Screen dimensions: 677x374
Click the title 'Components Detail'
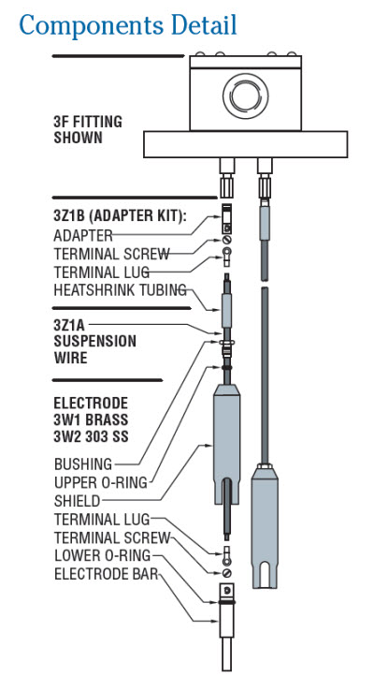tap(127, 24)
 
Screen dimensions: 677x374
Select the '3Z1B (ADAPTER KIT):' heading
tap(119, 216)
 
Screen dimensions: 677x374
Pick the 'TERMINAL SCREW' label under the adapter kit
tap(110, 254)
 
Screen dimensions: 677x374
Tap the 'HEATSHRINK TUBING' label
tap(120, 289)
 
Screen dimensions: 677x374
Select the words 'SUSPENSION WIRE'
tap(93, 348)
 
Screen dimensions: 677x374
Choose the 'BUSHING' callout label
tap(83, 464)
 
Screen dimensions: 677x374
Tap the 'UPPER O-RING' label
tap(101, 482)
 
